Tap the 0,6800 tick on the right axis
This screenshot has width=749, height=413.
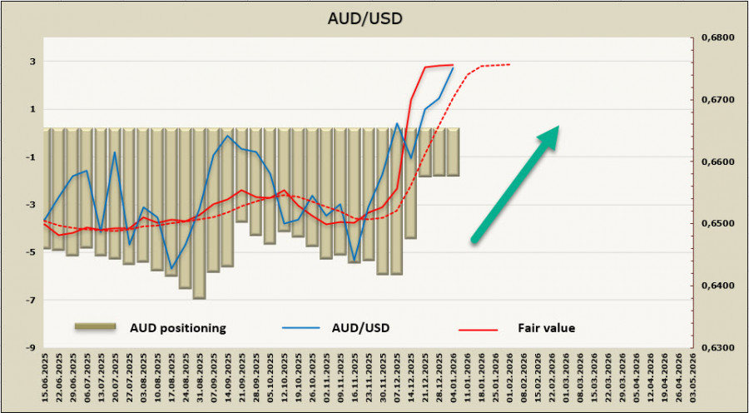pos(714,37)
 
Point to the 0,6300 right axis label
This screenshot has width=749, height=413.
pos(714,348)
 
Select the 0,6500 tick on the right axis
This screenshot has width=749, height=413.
pos(714,224)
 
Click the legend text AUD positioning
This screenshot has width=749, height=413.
pos(176,328)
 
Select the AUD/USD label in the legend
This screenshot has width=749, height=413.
pos(362,328)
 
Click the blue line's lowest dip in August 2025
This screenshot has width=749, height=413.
pos(171,268)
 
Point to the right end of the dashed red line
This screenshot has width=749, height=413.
pos(509,64)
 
